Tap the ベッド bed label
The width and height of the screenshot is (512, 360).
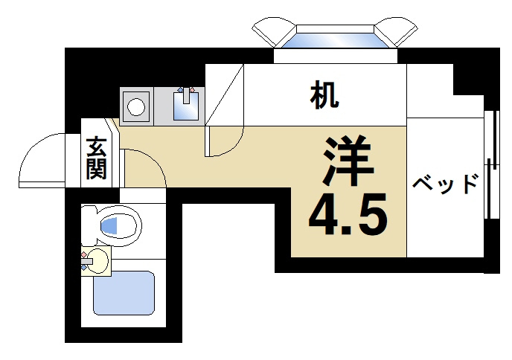445,183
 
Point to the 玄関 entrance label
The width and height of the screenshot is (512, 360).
95,158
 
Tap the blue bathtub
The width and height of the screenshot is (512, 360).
123,292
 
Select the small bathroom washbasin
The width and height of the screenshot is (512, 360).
96,260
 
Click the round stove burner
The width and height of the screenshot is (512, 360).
135,106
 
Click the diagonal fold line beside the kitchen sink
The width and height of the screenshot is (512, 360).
225,95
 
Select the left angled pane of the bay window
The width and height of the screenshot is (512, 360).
275,33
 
